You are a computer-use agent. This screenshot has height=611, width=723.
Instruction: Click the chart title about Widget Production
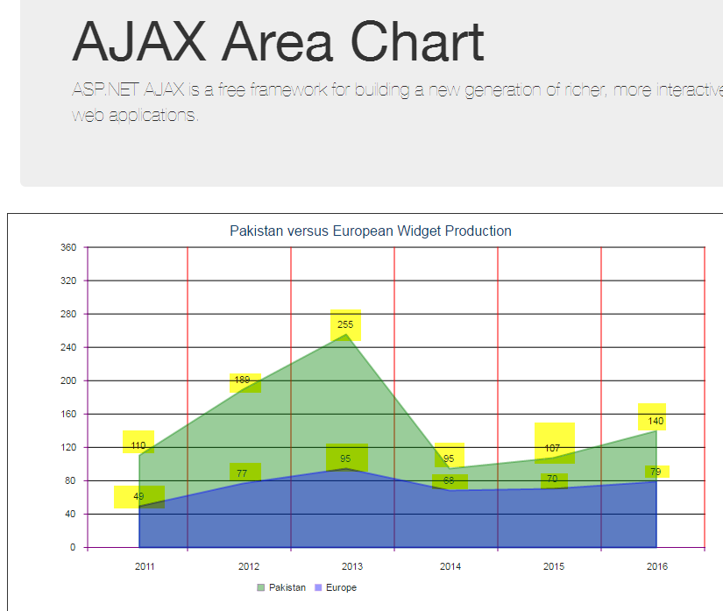point(370,231)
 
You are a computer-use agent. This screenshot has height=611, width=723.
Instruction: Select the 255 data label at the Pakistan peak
point(345,324)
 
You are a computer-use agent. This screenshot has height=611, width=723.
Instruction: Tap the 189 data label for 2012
point(243,380)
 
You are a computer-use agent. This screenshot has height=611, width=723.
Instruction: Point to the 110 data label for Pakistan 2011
point(138,445)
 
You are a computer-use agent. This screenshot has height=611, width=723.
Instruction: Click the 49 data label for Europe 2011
point(138,496)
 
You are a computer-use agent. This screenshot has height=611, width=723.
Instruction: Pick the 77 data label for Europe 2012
point(243,473)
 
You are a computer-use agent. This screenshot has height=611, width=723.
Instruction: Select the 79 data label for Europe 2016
point(656,472)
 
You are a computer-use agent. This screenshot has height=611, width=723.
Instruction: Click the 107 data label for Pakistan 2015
point(552,448)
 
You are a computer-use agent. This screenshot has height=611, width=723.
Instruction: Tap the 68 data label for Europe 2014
point(449,480)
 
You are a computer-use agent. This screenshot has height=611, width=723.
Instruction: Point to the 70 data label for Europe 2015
point(552,479)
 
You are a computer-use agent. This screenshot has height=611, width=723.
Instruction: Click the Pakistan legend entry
point(281,587)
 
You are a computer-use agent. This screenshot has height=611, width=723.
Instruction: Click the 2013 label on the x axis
point(351,566)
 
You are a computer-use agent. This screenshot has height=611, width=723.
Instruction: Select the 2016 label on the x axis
point(656,566)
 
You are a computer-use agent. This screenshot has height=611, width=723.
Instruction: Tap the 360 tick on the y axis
point(69,247)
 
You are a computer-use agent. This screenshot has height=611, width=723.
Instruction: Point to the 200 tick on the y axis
point(69,380)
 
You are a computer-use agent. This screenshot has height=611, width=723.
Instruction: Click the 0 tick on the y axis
point(74,548)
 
